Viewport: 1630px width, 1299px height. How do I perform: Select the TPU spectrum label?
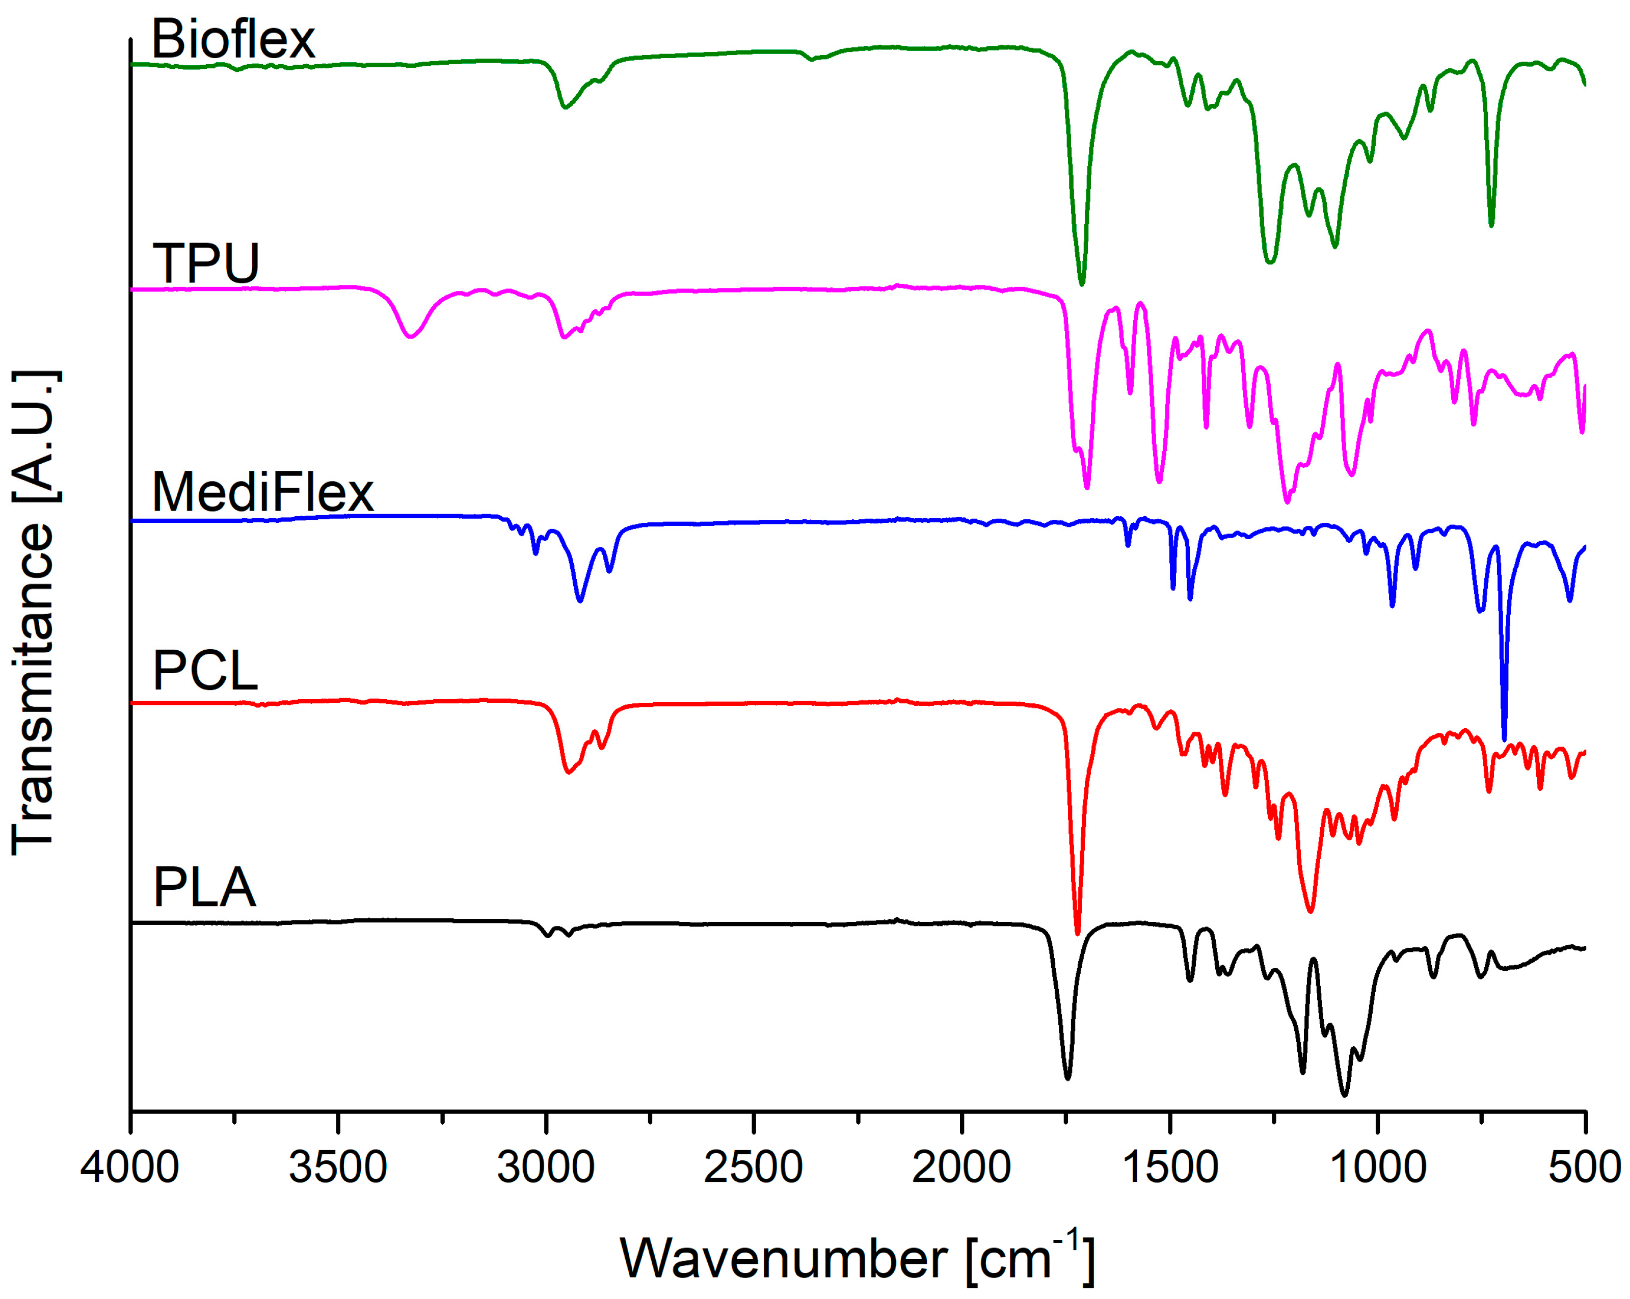pyautogui.click(x=206, y=264)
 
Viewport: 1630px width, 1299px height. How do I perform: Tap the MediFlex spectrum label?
pyautogui.click(x=262, y=492)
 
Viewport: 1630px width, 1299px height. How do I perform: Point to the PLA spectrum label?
pyautogui.click(x=204, y=888)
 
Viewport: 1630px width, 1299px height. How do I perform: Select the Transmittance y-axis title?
pyautogui.click(x=34, y=613)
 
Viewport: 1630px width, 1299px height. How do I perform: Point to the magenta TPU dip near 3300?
pyautogui.click(x=410, y=336)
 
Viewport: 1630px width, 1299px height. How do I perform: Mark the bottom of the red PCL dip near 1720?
pyautogui.click(x=1077, y=932)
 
